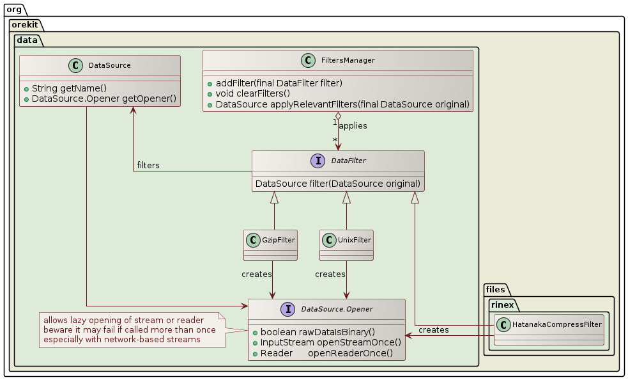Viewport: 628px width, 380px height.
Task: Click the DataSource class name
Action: click(x=109, y=65)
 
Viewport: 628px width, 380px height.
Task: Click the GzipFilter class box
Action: click(x=270, y=245)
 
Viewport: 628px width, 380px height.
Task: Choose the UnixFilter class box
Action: click(x=346, y=245)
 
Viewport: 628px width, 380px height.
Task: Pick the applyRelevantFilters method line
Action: click(x=339, y=104)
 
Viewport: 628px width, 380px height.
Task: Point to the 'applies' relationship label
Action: click(x=353, y=126)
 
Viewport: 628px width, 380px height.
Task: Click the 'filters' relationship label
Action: click(x=148, y=166)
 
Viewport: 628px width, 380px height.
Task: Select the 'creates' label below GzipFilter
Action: click(x=257, y=274)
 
